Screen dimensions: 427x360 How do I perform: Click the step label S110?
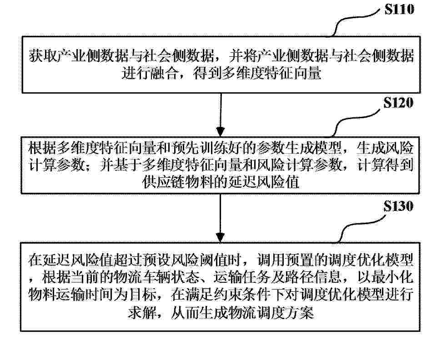coord(399,9)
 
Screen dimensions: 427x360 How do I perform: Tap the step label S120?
coord(398,103)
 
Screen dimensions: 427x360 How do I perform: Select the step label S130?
coord(398,206)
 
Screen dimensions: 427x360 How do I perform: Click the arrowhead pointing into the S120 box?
coord(220,131)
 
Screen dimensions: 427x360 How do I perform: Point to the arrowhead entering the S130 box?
coord(220,237)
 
